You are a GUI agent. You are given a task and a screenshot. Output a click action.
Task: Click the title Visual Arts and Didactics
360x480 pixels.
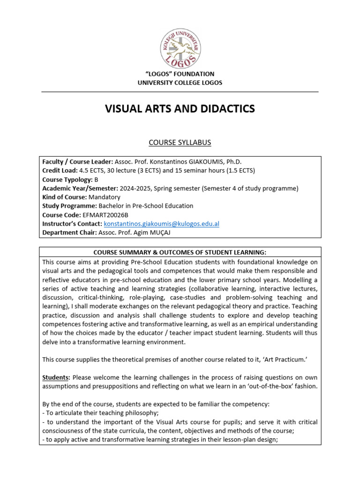(180, 109)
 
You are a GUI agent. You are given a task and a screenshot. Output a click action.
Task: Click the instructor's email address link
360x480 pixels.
(161, 224)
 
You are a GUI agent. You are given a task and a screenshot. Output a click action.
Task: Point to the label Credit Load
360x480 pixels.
(59, 170)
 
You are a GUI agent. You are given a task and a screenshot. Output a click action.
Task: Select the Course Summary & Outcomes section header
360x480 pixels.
(180, 252)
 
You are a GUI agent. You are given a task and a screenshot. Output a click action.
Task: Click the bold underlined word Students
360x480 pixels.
(56, 377)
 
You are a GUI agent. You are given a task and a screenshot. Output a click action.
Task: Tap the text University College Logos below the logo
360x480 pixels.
(180, 83)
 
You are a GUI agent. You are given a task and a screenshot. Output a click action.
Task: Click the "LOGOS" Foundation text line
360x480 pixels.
(180, 74)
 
